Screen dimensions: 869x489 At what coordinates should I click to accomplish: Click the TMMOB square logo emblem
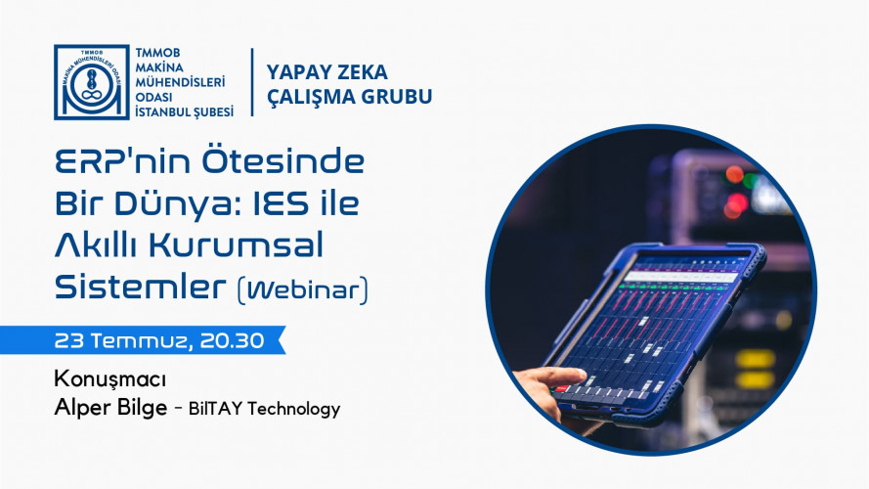pyautogui.click(x=92, y=82)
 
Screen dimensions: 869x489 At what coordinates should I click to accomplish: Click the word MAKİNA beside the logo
pyautogui.click(x=159, y=67)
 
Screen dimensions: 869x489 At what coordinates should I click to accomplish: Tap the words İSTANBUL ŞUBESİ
pyautogui.click(x=185, y=112)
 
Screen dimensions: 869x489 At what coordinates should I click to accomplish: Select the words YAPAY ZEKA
pyautogui.click(x=327, y=72)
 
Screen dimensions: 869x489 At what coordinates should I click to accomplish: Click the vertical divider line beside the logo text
pyautogui.click(x=252, y=82)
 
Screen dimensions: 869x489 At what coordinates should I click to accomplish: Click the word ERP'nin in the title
pyautogui.click(x=122, y=161)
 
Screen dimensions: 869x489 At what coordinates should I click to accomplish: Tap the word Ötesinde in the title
pyautogui.click(x=282, y=161)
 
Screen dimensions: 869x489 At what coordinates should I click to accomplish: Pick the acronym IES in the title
pyautogui.click(x=280, y=202)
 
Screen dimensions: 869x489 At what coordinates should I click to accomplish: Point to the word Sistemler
pyautogui.click(x=141, y=287)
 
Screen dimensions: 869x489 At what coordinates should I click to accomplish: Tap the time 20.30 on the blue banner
pyautogui.click(x=233, y=340)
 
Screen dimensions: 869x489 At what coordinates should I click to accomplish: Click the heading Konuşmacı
pyautogui.click(x=110, y=379)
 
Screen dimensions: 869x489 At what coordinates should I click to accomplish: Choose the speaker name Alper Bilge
pyautogui.click(x=110, y=408)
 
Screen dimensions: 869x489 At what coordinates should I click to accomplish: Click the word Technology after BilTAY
pyautogui.click(x=293, y=409)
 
